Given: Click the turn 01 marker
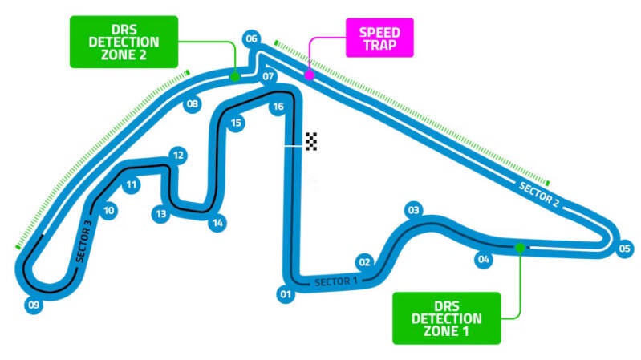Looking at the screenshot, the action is tap(286, 294).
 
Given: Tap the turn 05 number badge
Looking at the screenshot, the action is tap(624, 248).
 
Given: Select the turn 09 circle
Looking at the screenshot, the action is tap(34, 305).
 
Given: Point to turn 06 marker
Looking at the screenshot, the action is tap(251, 38).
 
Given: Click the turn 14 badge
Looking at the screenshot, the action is tap(217, 223).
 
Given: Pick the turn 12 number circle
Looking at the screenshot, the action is tap(178, 156).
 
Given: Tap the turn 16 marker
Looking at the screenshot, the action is tap(278, 107).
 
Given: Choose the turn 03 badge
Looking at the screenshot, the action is tap(414, 210).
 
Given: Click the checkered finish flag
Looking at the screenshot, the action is tap(311, 141).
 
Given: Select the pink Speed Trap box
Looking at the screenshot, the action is tap(379, 38).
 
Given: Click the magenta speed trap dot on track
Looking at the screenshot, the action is tap(310, 75).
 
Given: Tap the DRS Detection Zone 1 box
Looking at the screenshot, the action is tap(446, 318).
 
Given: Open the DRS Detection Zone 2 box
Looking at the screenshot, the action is tap(124, 42).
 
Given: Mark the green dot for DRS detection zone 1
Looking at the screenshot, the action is tap(520, 248).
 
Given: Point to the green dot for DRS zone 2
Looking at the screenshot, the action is tap(234, 76).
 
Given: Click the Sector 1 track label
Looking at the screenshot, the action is tap(336, 281).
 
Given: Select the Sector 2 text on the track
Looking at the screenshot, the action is tap(539, 195).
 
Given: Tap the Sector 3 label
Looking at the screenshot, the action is tap(83, 241).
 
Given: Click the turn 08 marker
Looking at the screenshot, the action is tap(192, 103).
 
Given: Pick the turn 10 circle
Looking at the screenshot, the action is tap(108, 210).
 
